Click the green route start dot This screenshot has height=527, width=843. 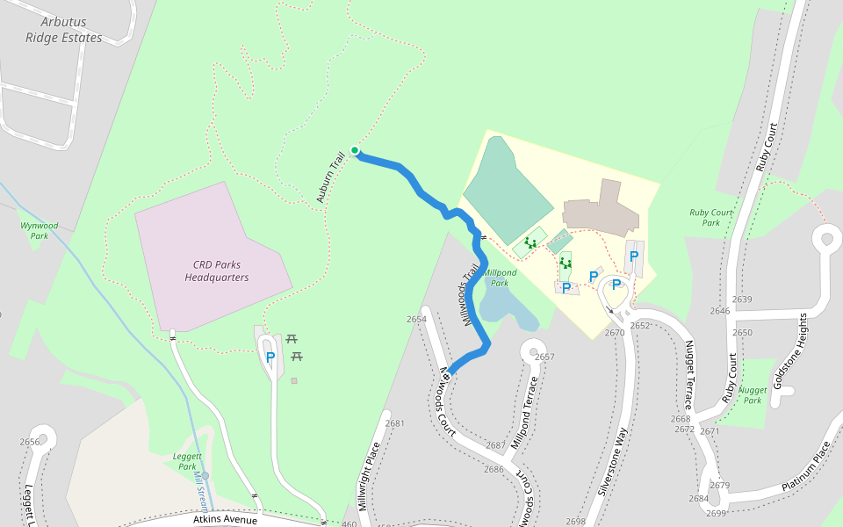(355, 150)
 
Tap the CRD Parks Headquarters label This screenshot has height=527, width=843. (216, 271)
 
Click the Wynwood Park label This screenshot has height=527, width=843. (39, 230)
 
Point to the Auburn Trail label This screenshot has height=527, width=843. (332, 179)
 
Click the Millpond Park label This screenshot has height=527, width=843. (500, 278)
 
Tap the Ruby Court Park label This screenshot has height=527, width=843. (711, 217)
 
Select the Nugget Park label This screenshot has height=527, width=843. (753, 394)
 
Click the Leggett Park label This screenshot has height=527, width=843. (187, 461)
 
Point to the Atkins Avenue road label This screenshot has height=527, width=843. (225, 520)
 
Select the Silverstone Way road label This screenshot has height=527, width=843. (613, 463)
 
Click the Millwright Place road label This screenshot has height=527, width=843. (369, 477)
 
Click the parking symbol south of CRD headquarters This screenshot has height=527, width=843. (270, 357)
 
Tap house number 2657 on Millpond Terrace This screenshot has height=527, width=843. (544, 357)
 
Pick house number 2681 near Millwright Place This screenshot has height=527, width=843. (394, 423)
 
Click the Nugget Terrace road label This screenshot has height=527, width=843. (689, 375)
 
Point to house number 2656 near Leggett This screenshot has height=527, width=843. (30, 442)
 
